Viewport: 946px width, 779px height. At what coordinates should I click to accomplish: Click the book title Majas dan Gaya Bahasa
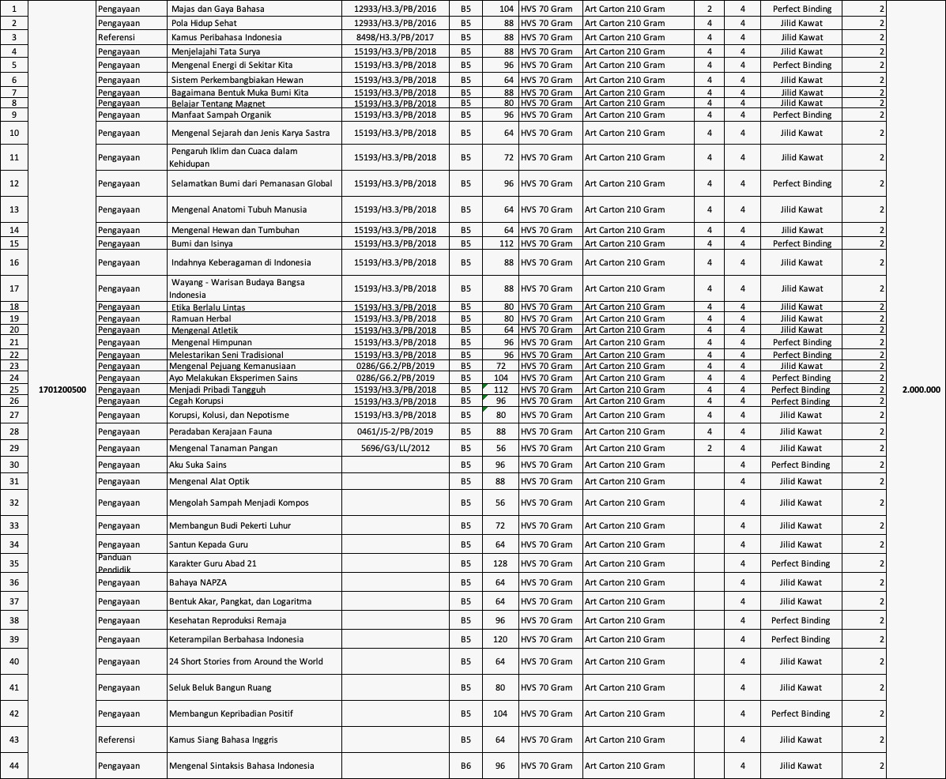pos(217,9)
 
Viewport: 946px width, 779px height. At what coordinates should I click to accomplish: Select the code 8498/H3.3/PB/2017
pos(394,37)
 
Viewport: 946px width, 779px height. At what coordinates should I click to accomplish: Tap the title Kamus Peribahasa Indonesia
pos(226,37)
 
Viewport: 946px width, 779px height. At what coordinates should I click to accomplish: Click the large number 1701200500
pos(62,389)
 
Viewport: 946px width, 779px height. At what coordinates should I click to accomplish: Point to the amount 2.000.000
pos(921,389)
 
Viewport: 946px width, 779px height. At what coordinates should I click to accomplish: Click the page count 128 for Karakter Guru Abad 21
pos(499,563)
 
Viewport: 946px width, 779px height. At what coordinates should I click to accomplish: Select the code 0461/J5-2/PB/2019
pos(394,431)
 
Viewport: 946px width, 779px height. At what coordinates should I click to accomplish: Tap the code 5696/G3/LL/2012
pos(394,448)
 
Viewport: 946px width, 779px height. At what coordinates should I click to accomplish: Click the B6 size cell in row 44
pos(465,766)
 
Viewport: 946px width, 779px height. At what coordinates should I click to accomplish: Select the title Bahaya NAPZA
pos(198,582)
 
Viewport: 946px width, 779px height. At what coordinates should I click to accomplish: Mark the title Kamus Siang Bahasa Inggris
pos(223,739)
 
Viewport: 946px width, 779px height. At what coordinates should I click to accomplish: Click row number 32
pos(14,502)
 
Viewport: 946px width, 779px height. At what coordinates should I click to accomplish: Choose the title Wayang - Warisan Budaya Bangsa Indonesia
pos(237,288)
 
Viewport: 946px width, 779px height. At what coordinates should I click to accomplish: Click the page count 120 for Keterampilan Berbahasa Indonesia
pos(499,639)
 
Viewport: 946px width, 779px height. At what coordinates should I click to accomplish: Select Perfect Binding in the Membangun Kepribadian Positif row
pos(801,713)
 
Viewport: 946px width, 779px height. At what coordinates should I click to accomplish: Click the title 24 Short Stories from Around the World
pos(246,661)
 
